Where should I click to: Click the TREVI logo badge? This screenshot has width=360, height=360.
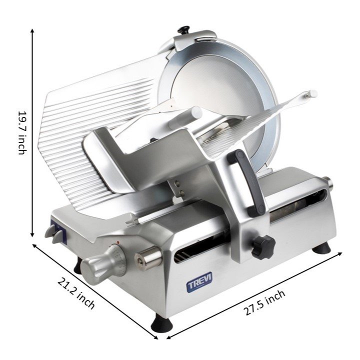tap(199, 282)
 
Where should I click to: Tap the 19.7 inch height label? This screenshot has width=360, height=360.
tap(22, 133)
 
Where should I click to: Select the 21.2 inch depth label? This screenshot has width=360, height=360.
tap(76, 293)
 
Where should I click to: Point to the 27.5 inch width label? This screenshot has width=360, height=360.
tap(264, 302)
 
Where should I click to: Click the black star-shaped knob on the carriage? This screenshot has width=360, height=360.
tap(263, 247)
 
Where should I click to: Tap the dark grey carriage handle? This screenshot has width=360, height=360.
tap(246, 181)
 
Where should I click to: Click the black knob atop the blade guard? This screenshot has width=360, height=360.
tap(183, 30)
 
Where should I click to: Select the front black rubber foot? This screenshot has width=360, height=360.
tap(161, 323)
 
